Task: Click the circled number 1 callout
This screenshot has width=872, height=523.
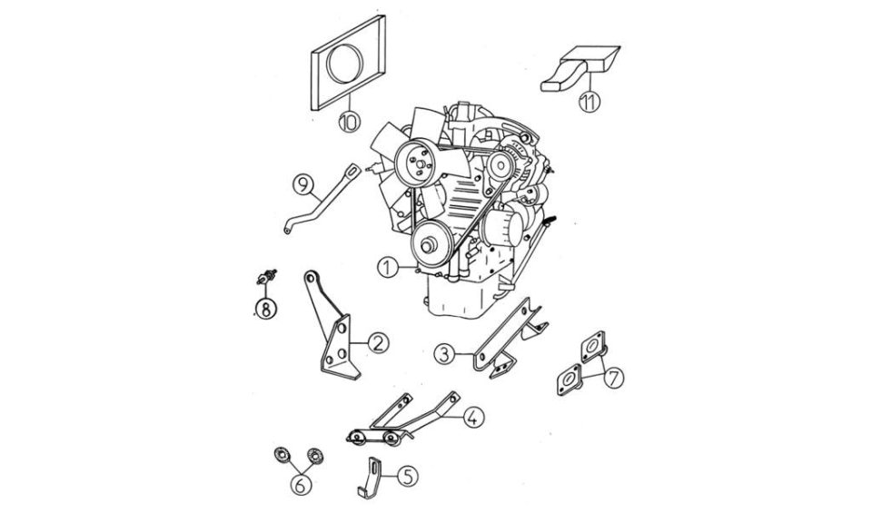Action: point(388,268)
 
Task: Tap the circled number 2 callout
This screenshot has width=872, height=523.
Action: point(378,343)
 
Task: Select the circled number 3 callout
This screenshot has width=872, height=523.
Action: point(444,353)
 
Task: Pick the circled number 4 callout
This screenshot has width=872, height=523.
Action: point(472,417)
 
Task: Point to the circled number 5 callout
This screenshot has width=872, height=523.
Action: point(408,476)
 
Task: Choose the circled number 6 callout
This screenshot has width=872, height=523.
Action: point(301,485)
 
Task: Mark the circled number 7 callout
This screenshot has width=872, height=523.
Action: point(613,378)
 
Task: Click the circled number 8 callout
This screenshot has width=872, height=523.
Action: point(266,309)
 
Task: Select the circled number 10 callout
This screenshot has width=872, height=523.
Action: point(349,121)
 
